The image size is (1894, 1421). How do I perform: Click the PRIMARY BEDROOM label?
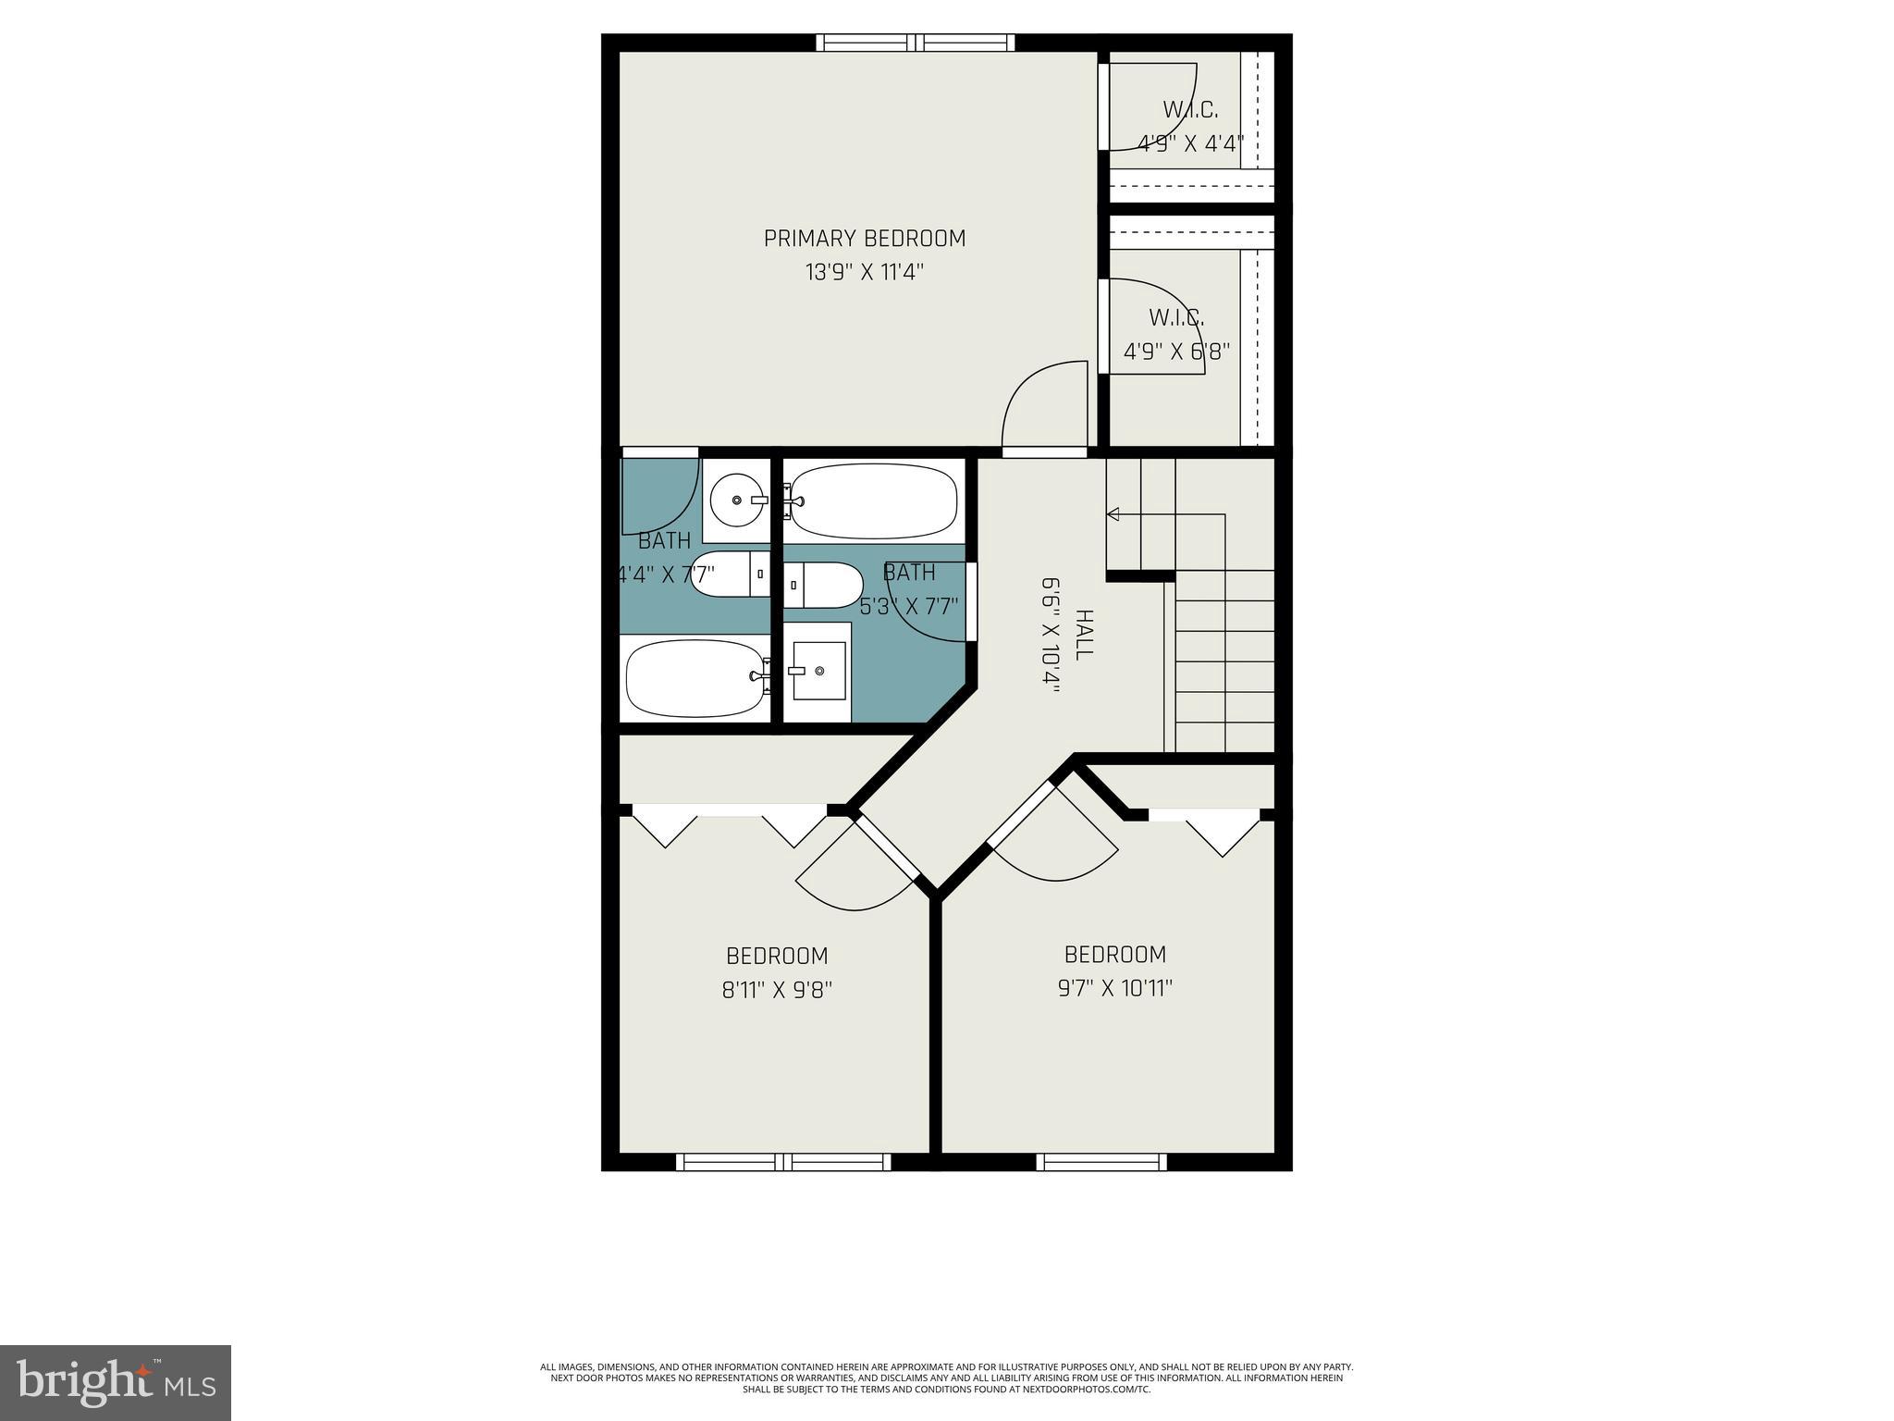[x=864, y=239]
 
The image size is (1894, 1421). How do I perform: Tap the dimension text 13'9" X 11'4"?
[x=864, y=273]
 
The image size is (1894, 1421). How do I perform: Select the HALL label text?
[x=1084, y=634]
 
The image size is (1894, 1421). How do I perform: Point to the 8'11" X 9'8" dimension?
[x=777, y=990]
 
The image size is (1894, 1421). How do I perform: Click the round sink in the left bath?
[x=737, y=500]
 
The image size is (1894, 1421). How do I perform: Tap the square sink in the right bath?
[x=819, y=670]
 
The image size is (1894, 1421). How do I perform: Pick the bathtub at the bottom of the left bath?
[x=694, y=678]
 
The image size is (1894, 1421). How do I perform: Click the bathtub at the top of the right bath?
[x=873, y=500]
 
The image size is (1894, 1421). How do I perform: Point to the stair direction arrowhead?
[x=1113, y=514]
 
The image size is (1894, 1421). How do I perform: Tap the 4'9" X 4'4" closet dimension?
[x=1190, y=144]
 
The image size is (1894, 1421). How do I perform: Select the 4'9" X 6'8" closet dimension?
[x=1175, y=352]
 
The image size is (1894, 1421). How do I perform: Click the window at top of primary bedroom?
[x=915, y=43]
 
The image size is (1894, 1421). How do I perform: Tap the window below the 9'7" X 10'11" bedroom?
[x=1101, y=1162]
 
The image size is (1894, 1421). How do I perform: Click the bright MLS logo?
[x=116, y=1382]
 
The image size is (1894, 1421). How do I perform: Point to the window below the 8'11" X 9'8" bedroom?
[x=783, y=1162]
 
